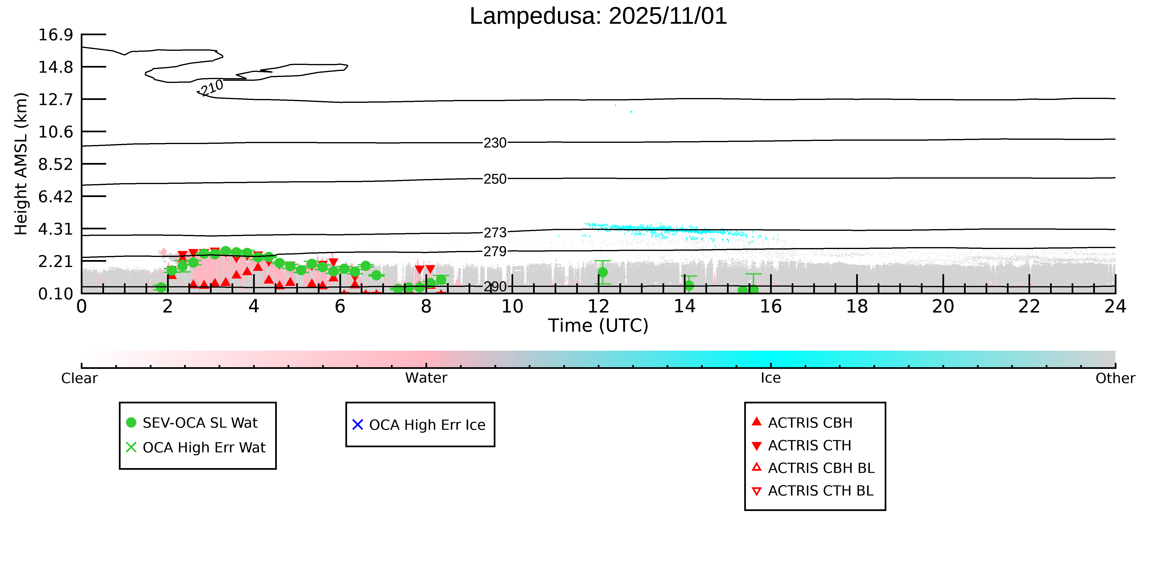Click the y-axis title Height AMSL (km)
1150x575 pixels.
point(21,164)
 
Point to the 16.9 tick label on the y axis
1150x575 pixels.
point(55,35)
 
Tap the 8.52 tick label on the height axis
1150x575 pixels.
point(55,164)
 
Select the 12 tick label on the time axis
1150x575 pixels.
point(598,307)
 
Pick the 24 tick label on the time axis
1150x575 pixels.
point(1115,307)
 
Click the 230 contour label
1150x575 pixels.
point(495,143)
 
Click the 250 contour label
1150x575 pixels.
point(495,179)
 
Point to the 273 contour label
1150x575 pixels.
point(495,232)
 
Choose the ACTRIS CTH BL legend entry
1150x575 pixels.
point(820,491)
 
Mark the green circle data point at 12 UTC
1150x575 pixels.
point(603,272)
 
